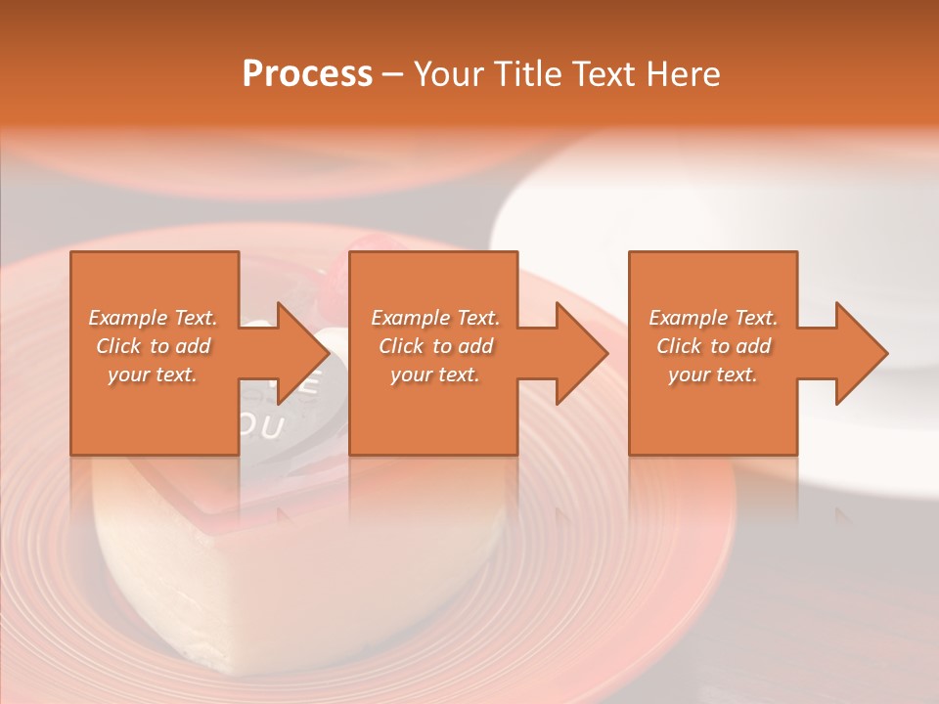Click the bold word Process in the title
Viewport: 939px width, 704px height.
(307, 73)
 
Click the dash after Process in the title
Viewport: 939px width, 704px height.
(393, 75)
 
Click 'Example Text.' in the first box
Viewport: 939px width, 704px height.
(153, 318)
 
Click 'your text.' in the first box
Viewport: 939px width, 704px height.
(153, 374)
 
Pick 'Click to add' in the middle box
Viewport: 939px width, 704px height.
(435, 346)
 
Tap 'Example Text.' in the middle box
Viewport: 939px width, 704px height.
(435, 318)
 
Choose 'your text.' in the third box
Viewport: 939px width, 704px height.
(713, 374)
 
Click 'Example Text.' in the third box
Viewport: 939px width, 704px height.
(713, 318)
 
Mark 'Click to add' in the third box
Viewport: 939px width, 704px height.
(713, 346)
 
